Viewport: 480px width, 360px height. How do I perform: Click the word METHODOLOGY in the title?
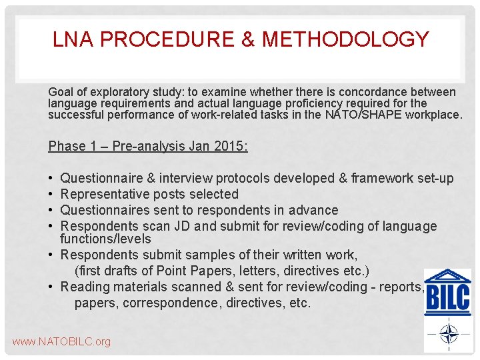tap(345, 39)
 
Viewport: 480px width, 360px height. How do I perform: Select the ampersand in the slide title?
tap(248, 39)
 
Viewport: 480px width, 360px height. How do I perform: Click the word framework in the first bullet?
tap(388, 178)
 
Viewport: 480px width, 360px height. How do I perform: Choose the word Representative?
tap(105, 194)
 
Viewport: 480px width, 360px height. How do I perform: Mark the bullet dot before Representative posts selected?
tap(51, 194)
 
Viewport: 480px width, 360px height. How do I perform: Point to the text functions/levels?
tap(105, 239)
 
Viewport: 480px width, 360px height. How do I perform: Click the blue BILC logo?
tap(447, 291)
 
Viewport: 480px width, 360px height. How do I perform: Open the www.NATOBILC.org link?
tap(61, 342)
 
